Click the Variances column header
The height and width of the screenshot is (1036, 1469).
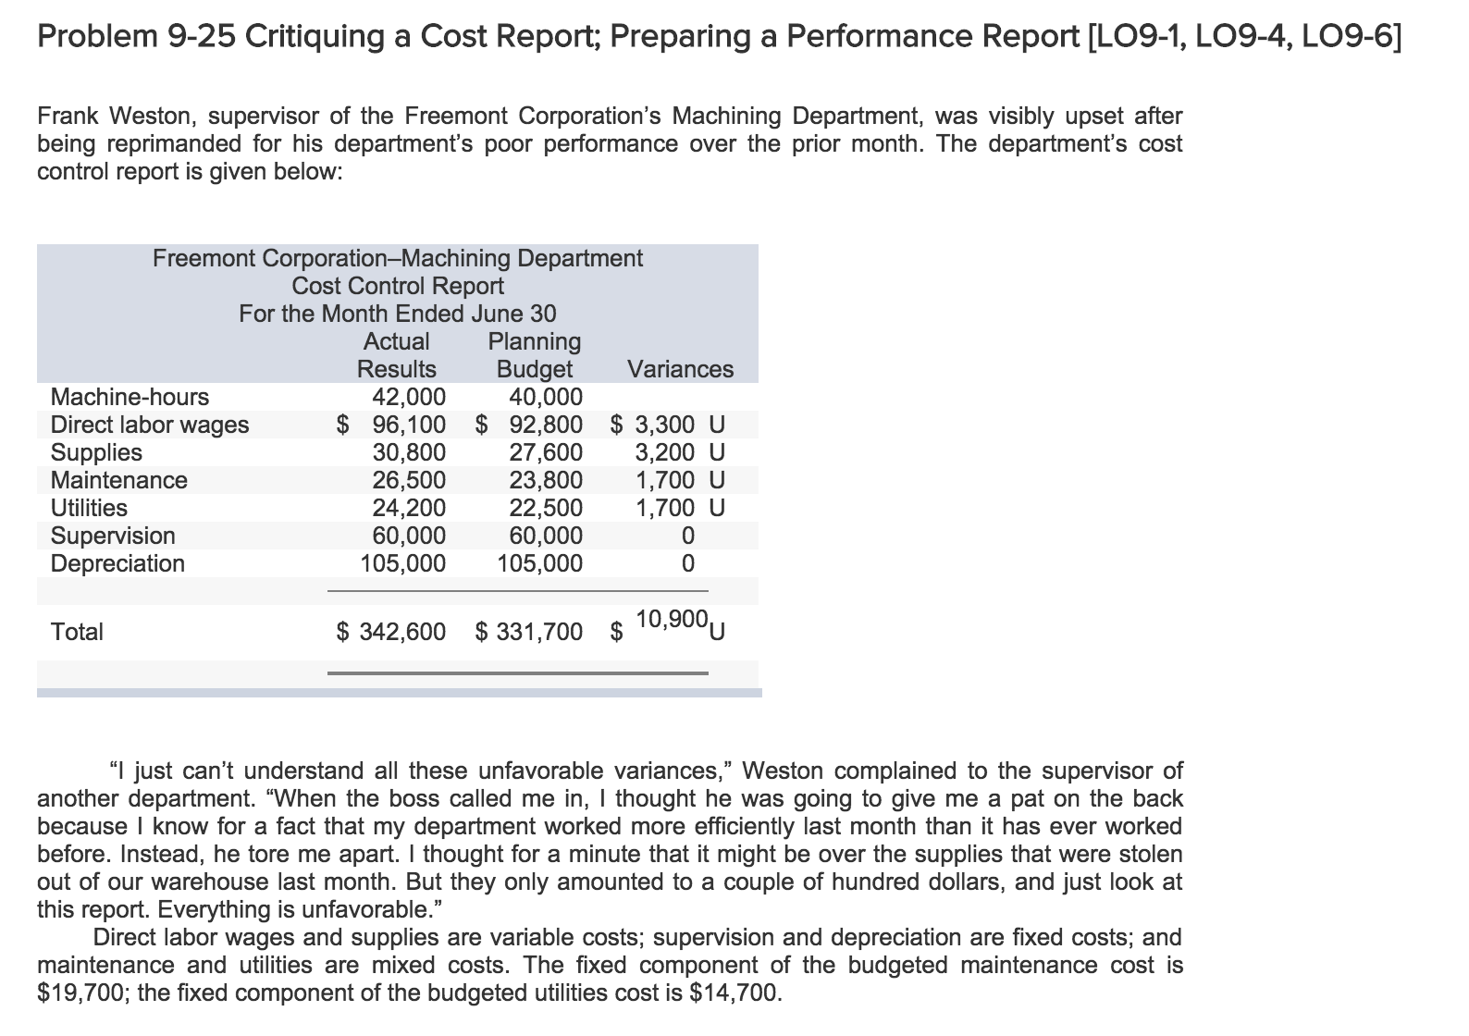(680, 369)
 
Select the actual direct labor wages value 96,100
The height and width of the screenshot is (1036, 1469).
(408, 425)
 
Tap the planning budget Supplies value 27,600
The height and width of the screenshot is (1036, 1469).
(546, 452)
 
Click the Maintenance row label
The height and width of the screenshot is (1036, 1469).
(118, 480)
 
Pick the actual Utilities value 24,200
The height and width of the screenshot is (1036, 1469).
(408, 508)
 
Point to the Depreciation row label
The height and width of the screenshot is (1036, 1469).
(117, 563)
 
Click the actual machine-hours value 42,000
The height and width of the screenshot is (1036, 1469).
(408, 397)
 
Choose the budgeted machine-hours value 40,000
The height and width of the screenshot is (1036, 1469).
(546, 397)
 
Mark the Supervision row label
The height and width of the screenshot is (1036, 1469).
(113, 536)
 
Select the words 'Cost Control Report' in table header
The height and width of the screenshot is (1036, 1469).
(398, 286)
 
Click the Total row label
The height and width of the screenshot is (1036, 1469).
(77, 632)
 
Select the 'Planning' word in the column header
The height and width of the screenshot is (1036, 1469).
(534, 341)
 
